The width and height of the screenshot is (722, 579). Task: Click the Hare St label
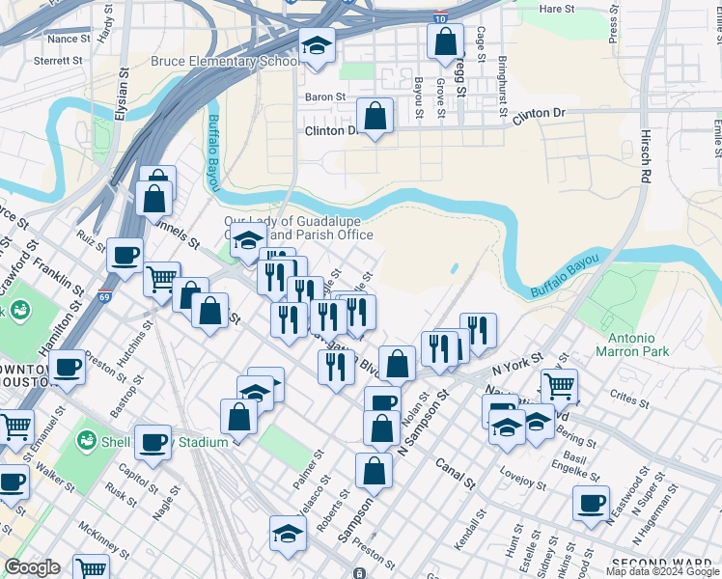click(556, 9)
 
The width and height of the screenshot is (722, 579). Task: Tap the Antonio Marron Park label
click(638, 345)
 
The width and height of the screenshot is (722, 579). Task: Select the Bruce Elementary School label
click(224, 62)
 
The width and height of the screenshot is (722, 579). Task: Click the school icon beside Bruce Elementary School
click(316, 45)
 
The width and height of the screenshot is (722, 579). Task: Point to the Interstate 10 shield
click(440, 17)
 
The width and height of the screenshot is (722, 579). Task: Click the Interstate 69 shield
click(103, 296)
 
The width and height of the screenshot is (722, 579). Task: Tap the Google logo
click(32, 567)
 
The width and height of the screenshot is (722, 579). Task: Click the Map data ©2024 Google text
click(661, 571)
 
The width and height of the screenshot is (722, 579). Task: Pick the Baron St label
click(325, 96)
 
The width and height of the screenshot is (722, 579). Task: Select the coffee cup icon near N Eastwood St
click(591, 502)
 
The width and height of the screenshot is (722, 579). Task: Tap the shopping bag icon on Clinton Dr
click(375, 115)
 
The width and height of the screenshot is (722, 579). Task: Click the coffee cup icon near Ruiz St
click(125, 255)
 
